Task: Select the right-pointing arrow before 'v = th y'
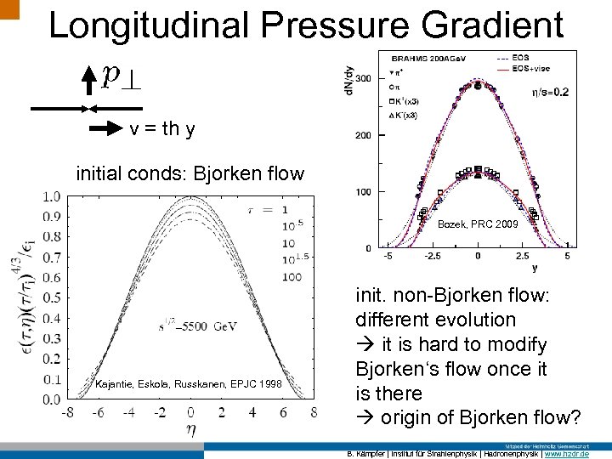coord(106,129)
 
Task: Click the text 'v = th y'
coord(162,129)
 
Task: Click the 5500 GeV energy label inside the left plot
coord(192,326)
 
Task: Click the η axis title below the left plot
coord(190,430)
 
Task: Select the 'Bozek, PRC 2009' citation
coord(477,225)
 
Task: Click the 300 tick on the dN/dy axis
coord(363,78)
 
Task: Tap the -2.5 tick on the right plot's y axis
coord(433,254)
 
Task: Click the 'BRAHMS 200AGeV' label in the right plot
coord(423,59)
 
